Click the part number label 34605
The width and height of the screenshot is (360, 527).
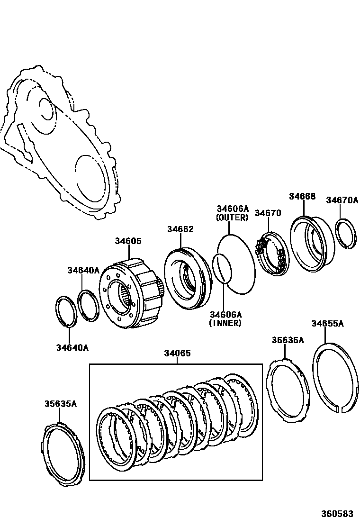point(128,241)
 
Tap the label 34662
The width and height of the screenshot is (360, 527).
point(180,229)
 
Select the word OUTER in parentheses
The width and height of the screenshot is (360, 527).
point(232,218)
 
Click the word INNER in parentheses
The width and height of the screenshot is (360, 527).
point(225,323)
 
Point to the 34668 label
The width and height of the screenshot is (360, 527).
point(302,196)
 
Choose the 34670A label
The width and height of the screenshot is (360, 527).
point(342,200)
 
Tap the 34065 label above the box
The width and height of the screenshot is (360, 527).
point(177,353)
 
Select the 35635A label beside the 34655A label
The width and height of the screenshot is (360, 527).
point(288,340)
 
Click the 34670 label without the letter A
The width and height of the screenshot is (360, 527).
point(268,213)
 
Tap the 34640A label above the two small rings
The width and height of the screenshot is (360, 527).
point(83,270)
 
